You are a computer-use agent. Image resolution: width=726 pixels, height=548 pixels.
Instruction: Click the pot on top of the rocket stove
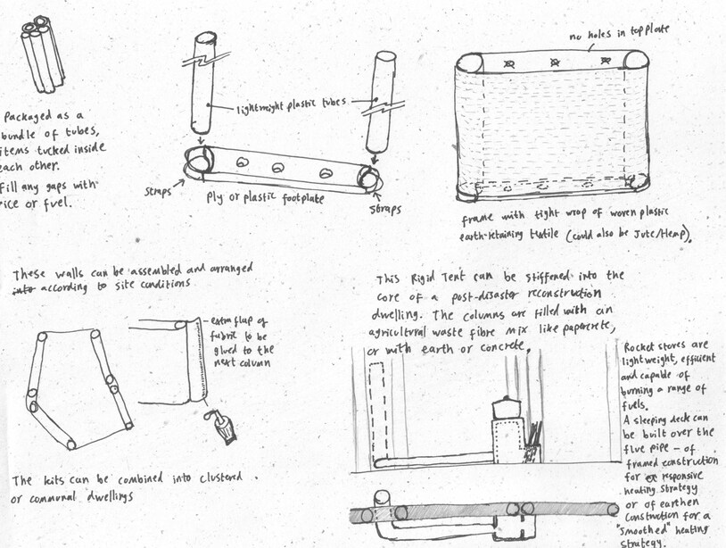click(x=507, y=409)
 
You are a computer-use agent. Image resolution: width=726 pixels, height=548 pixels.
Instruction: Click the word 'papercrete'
click(x=584, y=329)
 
